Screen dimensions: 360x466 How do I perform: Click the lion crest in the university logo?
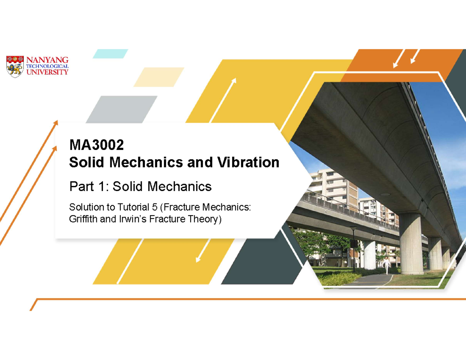pos(15,66)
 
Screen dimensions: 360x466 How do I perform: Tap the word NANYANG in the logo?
pos(47,60)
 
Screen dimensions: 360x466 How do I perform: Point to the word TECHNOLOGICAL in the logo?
pos(47,66)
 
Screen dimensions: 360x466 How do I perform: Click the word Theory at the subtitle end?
pos(203,219)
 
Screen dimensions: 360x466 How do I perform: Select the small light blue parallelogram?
pos(110,54)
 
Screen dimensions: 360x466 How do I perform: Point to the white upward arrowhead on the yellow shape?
pos(233,80)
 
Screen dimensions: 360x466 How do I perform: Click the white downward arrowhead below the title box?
pos(198,259)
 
